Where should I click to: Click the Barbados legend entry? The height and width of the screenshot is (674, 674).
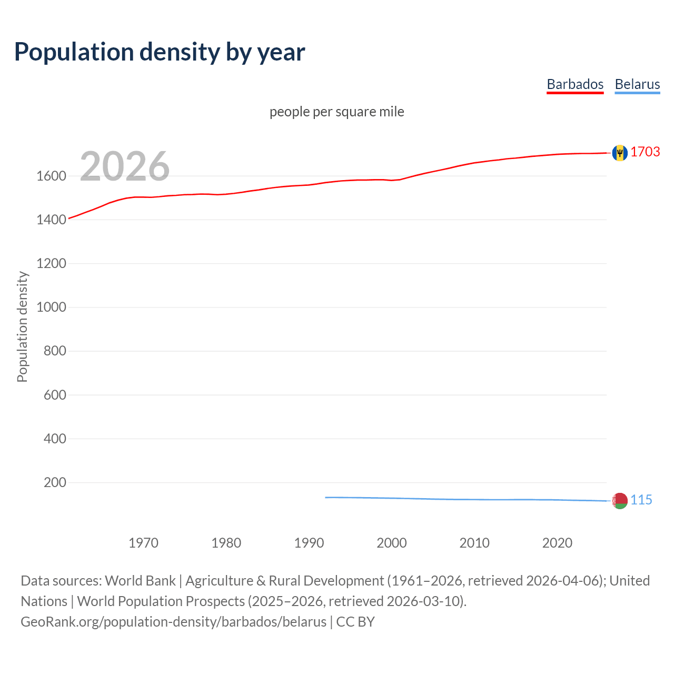[x=575, y=84]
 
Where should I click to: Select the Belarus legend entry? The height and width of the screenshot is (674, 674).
[x=637, y=84]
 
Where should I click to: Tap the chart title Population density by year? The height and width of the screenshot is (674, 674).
[x=160, y=52]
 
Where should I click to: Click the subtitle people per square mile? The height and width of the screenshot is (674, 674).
[x=336, y=112]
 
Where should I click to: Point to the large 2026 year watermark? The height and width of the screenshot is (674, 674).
[x=125, y=166]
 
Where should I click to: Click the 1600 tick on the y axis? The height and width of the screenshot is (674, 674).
[x=51, y=176]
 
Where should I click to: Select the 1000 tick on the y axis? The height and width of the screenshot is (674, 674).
[x=51, y=307]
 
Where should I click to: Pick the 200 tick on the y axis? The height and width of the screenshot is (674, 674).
[x=55, y=482]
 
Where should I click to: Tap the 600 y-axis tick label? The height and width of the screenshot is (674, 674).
[x=55, y=395]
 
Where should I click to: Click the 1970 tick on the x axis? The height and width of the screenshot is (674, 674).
[x=143, y=543]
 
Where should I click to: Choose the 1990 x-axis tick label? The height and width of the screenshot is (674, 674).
[x=309, y=543]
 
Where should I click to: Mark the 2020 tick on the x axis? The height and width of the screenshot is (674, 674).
[x=557, y=543]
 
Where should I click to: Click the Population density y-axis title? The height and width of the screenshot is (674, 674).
[x=22, y=326]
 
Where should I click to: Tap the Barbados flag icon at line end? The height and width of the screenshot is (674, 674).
[x=620, y=153]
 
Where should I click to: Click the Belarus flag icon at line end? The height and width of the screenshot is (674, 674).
[x=620, y=500]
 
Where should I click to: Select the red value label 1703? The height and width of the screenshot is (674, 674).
[x=645, y=152]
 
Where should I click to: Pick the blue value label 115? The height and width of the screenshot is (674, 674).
[x=641, y=500]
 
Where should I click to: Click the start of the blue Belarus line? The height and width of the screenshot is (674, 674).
[x=326, y=497]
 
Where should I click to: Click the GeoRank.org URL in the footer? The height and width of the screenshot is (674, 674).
[x=173, y=622]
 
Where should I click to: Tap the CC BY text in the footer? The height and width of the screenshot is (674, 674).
[x=355, y=622]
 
